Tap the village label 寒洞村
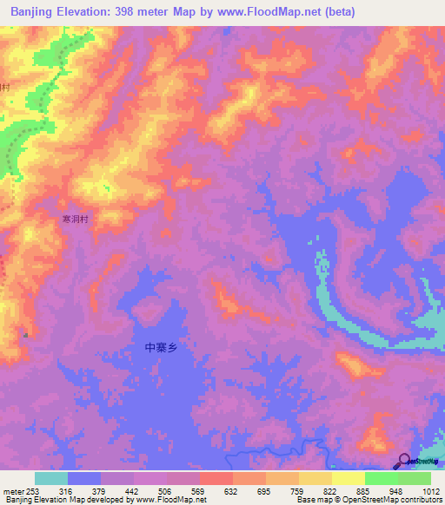tap(76, 220)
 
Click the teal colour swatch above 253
tap(51, 478)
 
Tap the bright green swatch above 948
tap(382, 478)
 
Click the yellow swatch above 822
tap(315, 478)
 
